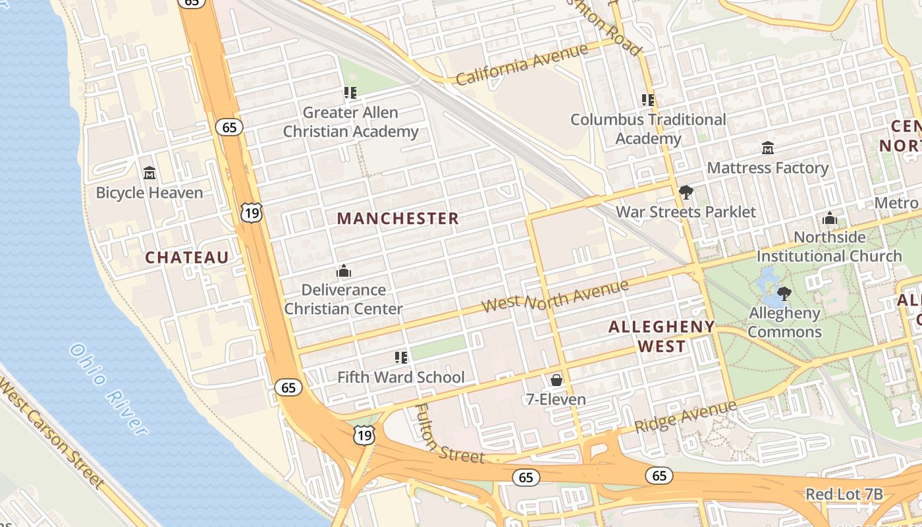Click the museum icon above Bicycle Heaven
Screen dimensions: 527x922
tap(149, 173)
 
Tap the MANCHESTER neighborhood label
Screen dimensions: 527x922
tap(398, 219)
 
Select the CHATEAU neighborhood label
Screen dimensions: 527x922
tap(187, 258)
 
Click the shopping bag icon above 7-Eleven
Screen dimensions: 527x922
tap(556, 380)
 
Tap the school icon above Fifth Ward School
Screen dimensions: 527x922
tap(401, 358)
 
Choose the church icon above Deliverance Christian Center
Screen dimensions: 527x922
tap(343, 271)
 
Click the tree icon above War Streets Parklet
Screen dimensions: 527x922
tap(686, 192)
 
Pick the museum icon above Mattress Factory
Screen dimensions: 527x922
tap(767, 148)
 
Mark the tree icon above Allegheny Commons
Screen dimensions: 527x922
tap(784, 293)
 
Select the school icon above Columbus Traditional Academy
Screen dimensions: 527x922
tap(648, 100)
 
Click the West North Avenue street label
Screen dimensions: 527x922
tap(555, 296)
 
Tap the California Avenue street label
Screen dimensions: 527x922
tap(522, 65)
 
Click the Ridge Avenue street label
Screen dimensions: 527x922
tap(686, 416)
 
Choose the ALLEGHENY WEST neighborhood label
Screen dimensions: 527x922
tap(661, 336)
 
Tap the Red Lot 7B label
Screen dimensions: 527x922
tap(844, 495)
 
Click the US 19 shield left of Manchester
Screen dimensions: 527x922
tap(252, 212)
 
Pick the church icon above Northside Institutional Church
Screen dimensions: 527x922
tap(830, 218)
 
